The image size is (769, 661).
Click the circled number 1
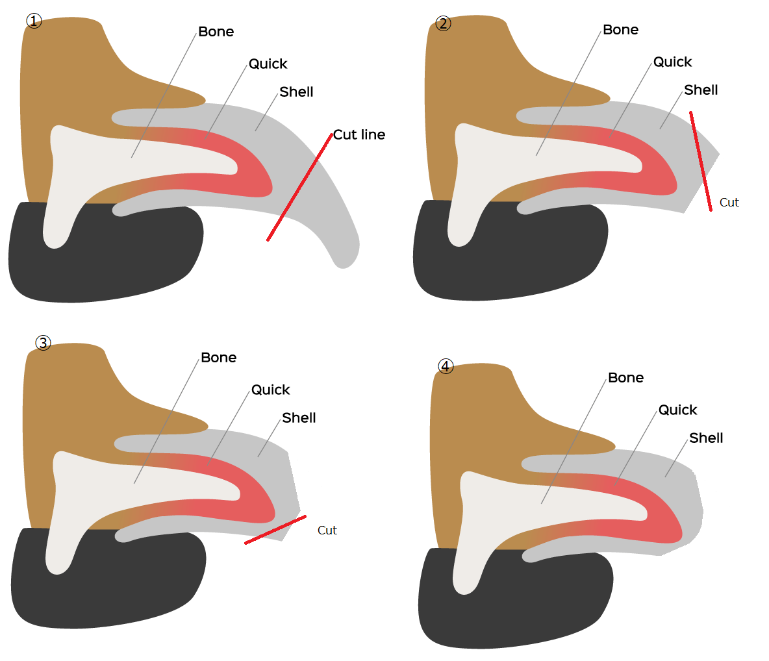(34, 21)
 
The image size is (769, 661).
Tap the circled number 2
(443, 23)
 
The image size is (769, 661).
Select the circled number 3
(43, 342)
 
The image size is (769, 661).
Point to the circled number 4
(446, 366)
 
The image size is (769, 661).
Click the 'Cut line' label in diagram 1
(359, 134)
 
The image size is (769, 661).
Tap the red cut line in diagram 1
(299, 187)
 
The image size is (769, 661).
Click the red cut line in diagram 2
(701, 161)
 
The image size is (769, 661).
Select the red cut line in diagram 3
(275, 530)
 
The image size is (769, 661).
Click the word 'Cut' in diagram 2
(729, 203)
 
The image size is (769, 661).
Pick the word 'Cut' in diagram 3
(327, 530)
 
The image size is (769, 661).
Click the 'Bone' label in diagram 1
(216, 31)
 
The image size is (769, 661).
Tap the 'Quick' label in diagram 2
(672, 62)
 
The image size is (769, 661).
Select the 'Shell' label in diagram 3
(299, 418)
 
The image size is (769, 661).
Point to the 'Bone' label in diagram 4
(626, 377)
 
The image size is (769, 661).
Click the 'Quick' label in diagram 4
(677, 410)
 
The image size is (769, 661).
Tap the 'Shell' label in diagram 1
(296, 92)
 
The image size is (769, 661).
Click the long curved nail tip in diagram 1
(344, 255)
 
